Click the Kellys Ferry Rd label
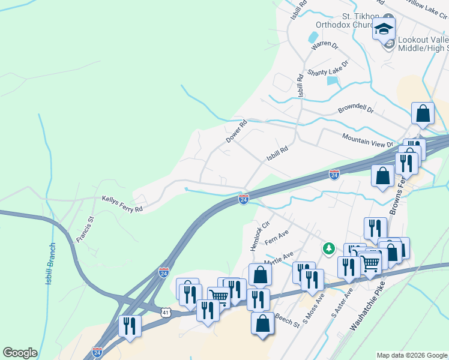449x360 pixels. (x=122, y=204)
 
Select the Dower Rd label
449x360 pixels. (x=237, y=131)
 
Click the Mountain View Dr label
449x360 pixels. (x=367, y=140)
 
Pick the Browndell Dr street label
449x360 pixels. (x=355, y=110)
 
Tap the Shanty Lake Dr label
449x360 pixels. (x=328, y=68)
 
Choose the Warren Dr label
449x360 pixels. (x=325, y=46)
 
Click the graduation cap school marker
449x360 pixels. (x=384, y=28)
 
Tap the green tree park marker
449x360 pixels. (x=328, y=248)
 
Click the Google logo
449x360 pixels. (x=20, y=353)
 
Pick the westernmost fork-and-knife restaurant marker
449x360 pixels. (x=130, y=326)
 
